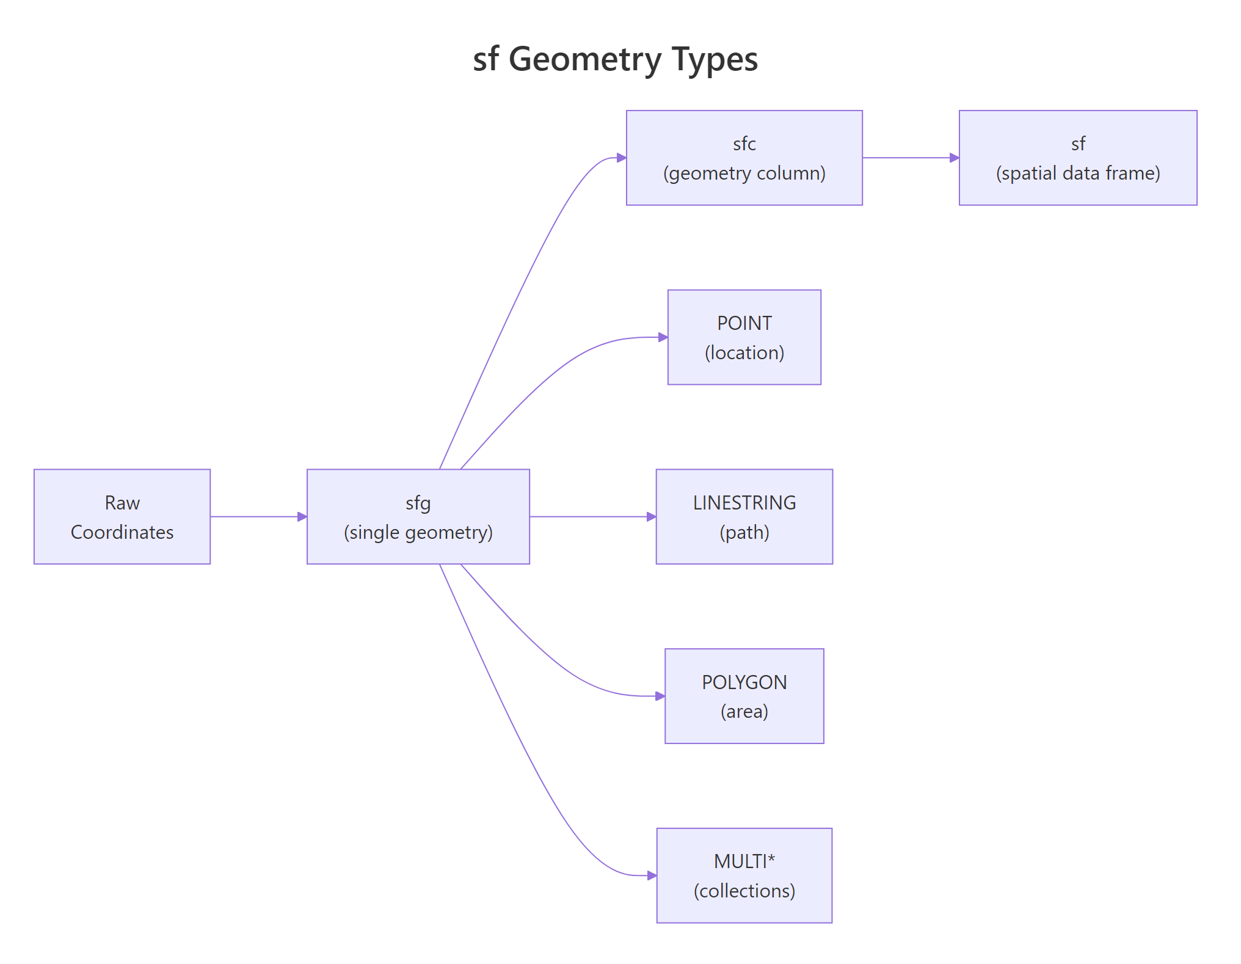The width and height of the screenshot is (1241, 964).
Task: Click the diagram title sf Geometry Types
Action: coord(615,60)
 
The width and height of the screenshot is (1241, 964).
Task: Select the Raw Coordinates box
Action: coord(122,517)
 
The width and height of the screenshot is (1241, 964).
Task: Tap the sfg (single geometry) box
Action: coord(418,517)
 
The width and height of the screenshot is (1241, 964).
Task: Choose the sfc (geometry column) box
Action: coord(744,158)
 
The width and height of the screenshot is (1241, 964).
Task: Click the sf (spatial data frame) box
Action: coord(1078,158)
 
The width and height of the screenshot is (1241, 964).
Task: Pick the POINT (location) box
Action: coord(744,337)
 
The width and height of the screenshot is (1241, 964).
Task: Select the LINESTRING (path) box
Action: coord(744,517)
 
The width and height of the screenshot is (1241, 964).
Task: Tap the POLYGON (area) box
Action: coord(744,696)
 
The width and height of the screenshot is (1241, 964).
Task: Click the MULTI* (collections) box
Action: coord(744,875)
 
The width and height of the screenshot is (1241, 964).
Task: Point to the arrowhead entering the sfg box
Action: coord(302,517)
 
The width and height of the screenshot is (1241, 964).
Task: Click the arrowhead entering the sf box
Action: coord(955,158)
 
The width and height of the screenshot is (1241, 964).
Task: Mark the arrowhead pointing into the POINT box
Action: coord(663,337)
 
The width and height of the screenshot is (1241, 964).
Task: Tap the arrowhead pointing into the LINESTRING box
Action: coord(652,517)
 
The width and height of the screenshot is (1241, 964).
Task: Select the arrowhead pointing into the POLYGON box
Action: coord(660,696)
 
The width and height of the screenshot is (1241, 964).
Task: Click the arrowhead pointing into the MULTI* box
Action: coord(652,875)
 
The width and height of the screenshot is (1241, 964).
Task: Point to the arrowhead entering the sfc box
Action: coord(622,158)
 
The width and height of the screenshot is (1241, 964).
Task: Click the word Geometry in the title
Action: coord(585,60)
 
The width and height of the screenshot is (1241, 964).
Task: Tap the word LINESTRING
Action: coord(744,503)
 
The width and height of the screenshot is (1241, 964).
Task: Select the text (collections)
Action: coord(744,891)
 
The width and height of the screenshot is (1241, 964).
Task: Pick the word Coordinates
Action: coord(122,532)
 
